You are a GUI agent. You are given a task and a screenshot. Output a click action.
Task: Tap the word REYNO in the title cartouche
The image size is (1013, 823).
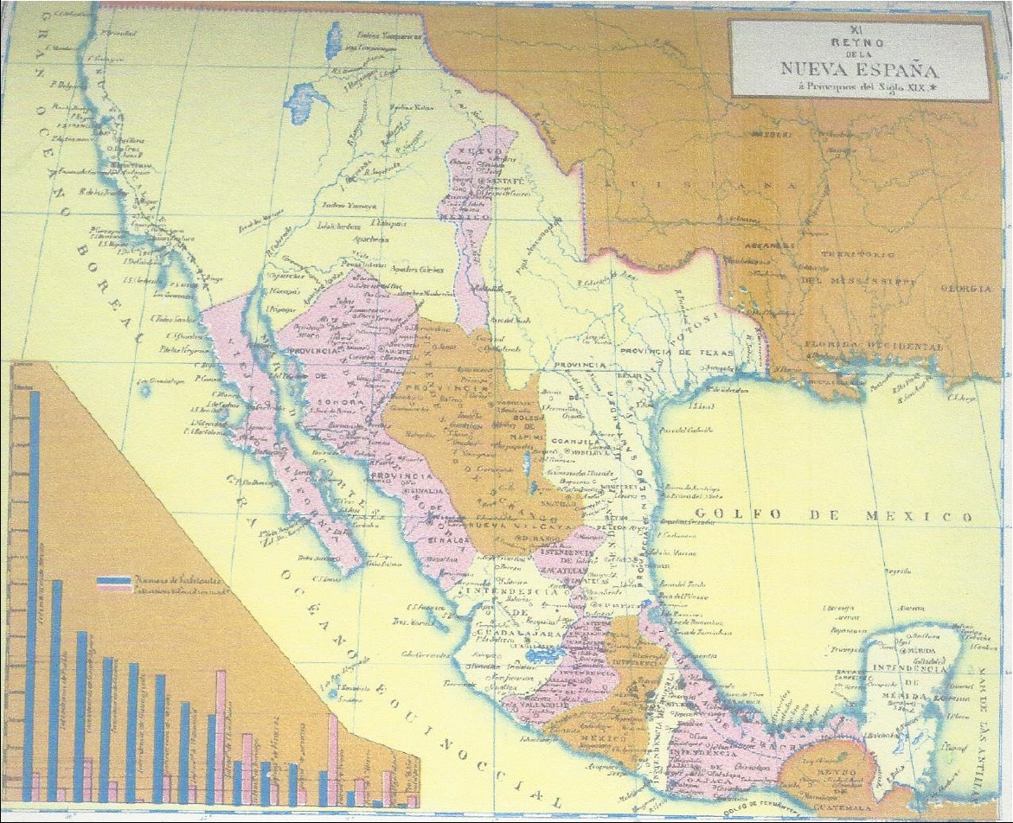859,41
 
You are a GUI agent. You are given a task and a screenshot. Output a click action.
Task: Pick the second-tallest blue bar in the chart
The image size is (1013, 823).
55,689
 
